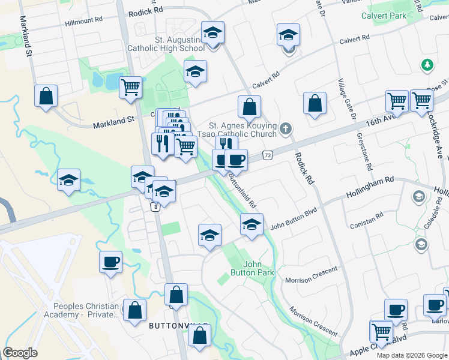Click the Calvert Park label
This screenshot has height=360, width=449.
coord(384,15)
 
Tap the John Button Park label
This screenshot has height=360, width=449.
coord(259,268)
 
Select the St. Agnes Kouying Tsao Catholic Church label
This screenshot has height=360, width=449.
coord(243,130)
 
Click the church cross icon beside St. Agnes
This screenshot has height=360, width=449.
coord(286,128)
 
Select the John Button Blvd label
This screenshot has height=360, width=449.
coord(293,226)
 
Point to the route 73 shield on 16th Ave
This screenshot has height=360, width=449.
coord(268,155)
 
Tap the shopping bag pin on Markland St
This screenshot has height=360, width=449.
coord(46,96)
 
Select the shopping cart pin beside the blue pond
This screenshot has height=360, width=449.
coord(130,88)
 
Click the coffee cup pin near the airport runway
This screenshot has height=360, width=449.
coord(111,262)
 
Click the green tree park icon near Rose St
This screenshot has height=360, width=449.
coord(427,65)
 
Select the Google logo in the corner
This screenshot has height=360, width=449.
coord(20,353)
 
